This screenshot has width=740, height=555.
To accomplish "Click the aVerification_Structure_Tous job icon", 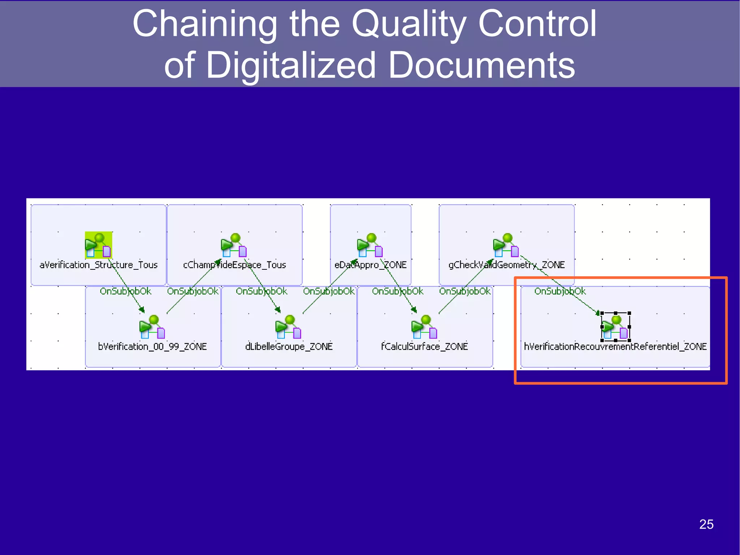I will pos(98,245).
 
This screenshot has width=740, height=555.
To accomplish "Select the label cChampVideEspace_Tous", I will pos(235,265).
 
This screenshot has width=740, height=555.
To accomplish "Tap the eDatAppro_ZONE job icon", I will pos(370,245).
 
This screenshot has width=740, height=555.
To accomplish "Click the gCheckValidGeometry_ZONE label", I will pos(506,265).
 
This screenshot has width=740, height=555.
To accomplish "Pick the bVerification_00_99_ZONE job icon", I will pos(152,327).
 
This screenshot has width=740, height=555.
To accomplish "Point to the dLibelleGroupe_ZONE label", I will pos(289,347).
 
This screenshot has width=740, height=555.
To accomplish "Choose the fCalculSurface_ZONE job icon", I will pos(425,327).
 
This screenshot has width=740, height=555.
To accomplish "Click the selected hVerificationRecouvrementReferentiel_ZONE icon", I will pos(616,327).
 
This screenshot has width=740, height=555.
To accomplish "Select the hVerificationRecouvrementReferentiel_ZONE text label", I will pos(615,347).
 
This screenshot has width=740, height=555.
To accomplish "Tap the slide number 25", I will pos(706,524).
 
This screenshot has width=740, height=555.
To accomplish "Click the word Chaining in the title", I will pos(205,24).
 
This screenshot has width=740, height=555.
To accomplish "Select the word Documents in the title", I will pos(482,65).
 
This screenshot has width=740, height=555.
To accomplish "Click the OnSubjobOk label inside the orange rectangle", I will pos(560,291).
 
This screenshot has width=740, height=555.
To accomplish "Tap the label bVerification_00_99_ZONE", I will pos(152,347).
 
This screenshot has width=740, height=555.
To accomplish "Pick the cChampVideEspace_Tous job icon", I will pos(234,245).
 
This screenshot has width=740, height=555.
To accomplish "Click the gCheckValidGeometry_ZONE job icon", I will pos(506,245).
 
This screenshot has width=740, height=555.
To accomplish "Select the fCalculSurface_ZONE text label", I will pos(425,347).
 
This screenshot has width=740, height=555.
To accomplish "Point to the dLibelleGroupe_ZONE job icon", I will pos(288,327).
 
